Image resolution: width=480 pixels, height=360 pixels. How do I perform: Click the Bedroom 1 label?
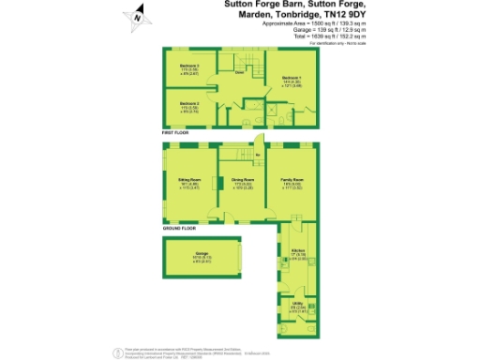pyautogui.click(x=292, y=77)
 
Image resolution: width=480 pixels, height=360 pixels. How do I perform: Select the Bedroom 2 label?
pyautogui.click(x=188, y=101)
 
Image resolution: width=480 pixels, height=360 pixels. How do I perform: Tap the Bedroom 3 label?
pyautogui.click(x=189, y=67)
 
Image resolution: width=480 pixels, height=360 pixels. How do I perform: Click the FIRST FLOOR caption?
pyautogui.click(x=175, y=133)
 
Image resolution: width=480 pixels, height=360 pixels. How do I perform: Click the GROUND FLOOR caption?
pyautogui.click(x=178, y=228)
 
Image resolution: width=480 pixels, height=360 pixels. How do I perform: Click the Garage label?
pyautogui.click(x=201, y=253)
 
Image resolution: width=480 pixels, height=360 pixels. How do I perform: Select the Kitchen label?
pyautogui.click(x=298, y=251)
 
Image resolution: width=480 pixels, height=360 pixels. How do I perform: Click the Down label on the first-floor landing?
pyautogui.click(x=240, y=72)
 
